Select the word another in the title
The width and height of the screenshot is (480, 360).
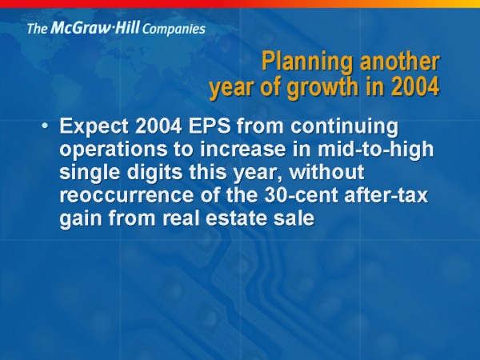pos(400,62)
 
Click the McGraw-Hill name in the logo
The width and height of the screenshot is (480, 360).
pos(95,27)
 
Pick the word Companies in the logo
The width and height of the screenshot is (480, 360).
pos(174,29)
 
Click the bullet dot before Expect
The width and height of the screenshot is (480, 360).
pos(45,126)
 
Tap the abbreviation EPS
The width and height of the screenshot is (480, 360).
pos(210,126)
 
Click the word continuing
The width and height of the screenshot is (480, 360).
pos(344,127)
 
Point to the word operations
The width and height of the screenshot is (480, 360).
pos(114,150)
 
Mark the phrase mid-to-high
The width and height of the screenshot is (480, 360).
pos(375,150)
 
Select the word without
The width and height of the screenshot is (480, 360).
pos(326,171)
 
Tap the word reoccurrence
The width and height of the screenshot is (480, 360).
pos(126,196)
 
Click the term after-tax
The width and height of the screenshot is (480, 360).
pos(386,194)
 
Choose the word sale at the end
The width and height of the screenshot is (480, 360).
pos(294,218)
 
